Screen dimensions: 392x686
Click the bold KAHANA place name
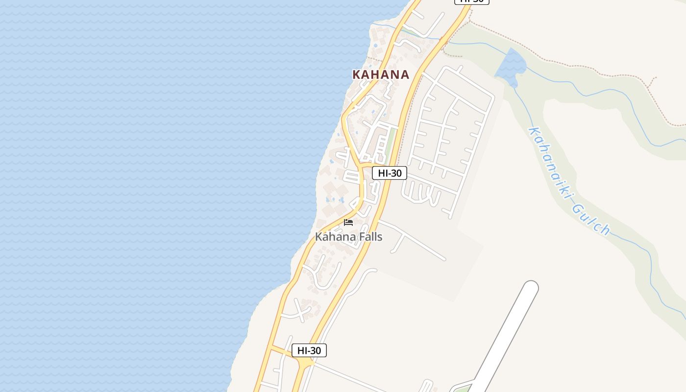point(381,74)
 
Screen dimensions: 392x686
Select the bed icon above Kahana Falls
point(348,222)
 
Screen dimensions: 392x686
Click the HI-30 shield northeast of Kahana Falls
point(390,173)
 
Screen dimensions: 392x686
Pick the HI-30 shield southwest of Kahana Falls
point(309,350)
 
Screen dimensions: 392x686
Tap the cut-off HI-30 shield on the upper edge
point(472,1)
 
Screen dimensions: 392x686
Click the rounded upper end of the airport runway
point(530,288)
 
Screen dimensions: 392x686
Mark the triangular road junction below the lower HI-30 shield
point(304,363)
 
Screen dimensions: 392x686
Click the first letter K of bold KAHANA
point(357,74)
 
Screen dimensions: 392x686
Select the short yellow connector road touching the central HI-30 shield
point(367,166)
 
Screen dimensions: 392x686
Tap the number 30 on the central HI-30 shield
point(396,173)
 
